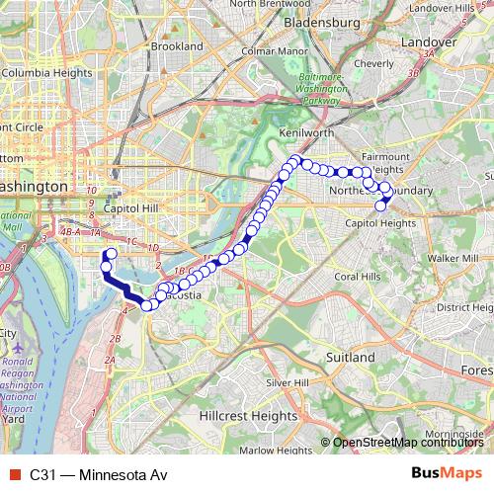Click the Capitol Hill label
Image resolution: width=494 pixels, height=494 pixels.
pos(131,208)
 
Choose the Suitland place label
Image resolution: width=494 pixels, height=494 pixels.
pos(351,356)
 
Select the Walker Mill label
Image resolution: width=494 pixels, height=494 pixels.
pos(455,257)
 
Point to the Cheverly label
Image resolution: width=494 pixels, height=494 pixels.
pos(373,63)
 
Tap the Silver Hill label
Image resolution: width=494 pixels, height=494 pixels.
pos(288,382)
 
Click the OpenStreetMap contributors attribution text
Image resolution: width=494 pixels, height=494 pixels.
pos(408,443)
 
